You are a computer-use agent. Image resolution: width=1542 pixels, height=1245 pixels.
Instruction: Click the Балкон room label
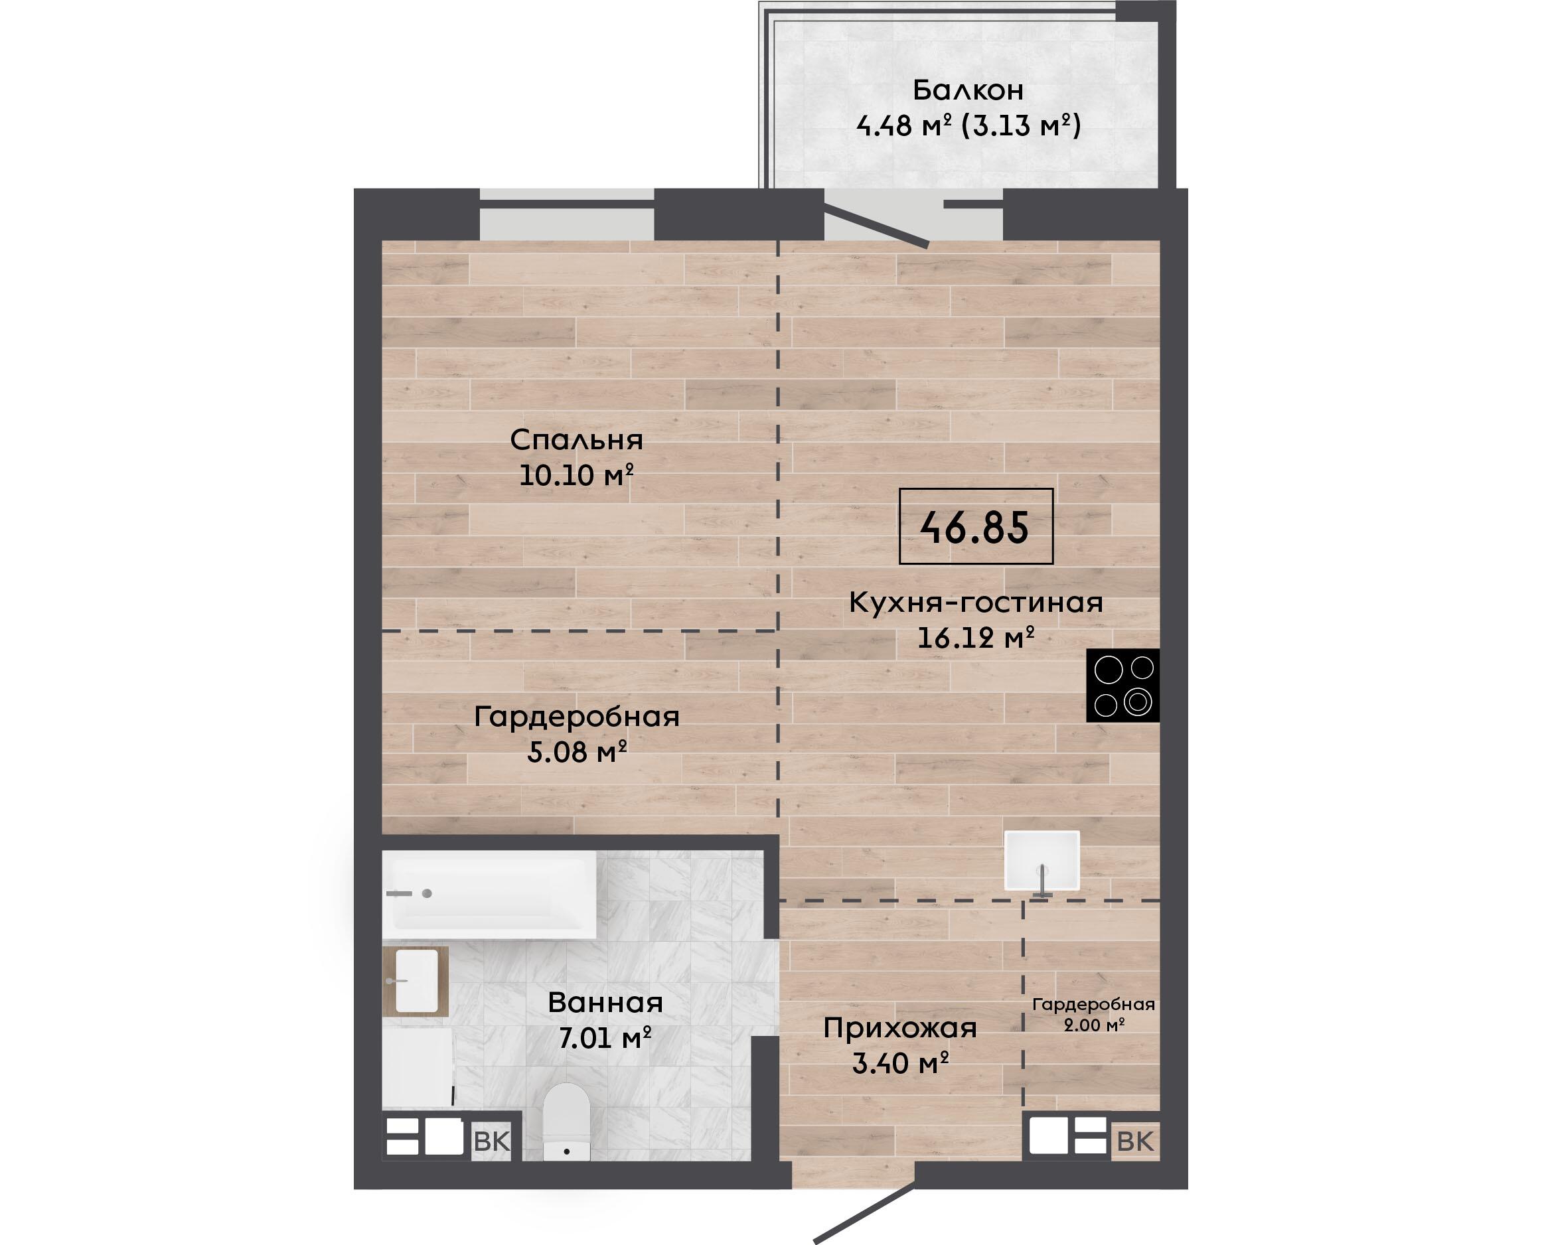click(968, 90)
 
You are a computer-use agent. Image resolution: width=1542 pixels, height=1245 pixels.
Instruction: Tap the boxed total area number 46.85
click(974, 528)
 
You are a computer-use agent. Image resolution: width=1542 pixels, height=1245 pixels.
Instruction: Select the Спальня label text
click(576, 439)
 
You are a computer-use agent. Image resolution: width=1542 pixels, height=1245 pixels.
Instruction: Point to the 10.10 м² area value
click(576, 475)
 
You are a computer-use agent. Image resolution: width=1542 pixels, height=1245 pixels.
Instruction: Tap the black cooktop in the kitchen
click(1122, 685)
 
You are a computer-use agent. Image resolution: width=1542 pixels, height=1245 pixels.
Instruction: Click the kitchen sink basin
click(1042, 860)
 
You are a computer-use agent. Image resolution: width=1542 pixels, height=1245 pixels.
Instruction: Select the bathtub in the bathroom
click(489, 895)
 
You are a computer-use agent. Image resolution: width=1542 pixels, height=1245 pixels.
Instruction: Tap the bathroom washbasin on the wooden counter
click(417, 980)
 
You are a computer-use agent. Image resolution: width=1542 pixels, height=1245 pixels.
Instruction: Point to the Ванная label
click(605, 1003)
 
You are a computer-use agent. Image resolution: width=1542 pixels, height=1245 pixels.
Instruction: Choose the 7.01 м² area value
click(605, 1038)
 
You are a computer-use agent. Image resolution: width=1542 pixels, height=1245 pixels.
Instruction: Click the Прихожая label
click(900, 1029)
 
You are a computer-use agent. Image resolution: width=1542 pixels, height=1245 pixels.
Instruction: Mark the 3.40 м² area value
click(900, 1063)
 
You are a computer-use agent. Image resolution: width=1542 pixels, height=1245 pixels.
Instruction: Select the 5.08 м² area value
click(578, 752)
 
